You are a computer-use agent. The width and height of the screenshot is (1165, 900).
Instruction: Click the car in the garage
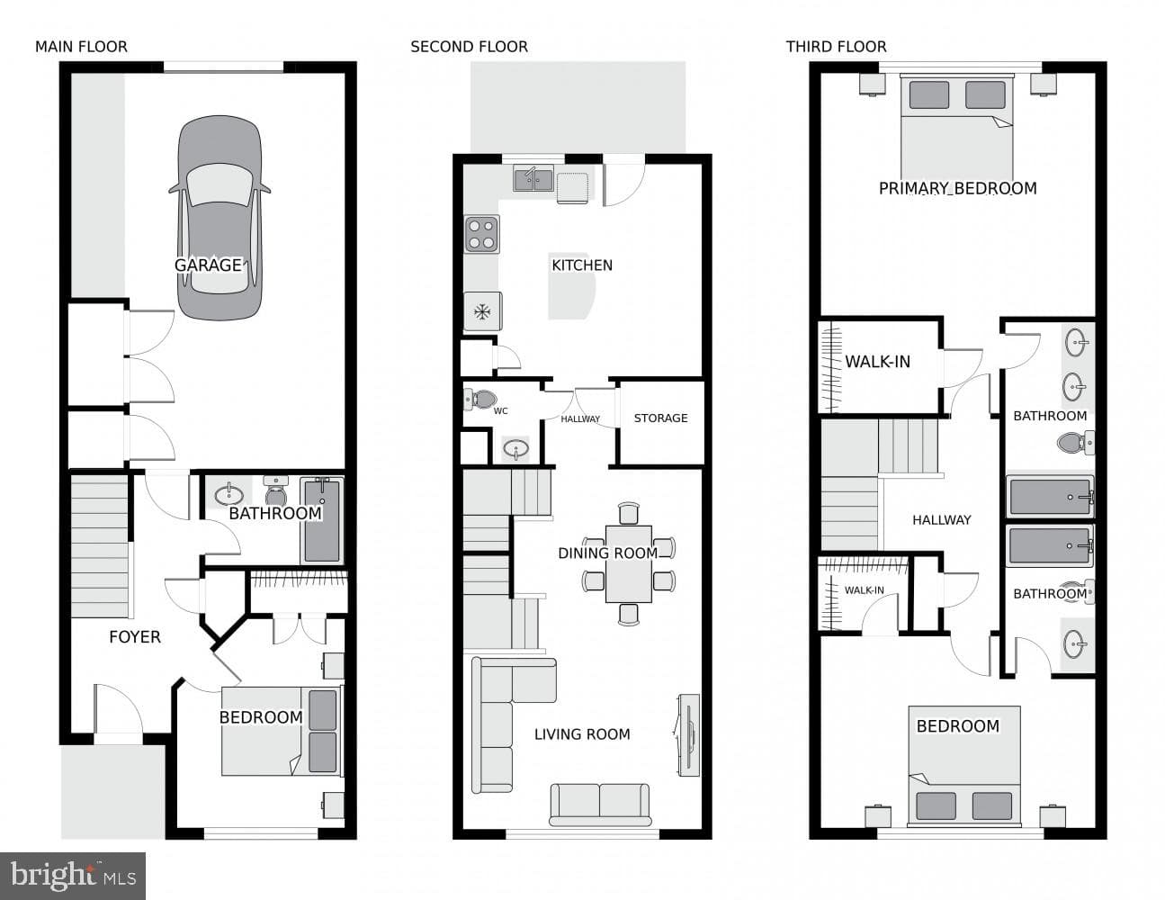tap(220, 218)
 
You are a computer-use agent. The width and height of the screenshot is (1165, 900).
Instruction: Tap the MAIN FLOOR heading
tap(82, 47)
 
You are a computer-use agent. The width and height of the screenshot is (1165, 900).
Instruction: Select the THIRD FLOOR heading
tap(837, 47)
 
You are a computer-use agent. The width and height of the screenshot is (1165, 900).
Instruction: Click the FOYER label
tap(135, 636)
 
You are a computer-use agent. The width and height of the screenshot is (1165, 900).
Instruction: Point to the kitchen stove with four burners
tap(481, 234)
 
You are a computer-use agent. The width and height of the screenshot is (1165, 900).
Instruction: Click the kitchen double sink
tap(533, 178)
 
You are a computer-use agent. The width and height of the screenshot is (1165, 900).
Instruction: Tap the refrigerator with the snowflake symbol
tap(482, 311)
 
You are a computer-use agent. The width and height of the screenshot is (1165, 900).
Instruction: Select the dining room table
tap(628, 564)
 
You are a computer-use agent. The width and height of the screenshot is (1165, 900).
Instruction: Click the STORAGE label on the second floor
tap(660, 418)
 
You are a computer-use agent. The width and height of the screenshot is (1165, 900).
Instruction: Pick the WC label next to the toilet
tap(501, 411)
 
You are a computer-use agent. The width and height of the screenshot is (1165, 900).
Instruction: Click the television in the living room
tap(688, 734)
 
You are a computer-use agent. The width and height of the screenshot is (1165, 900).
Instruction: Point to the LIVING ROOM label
tap(582, 734)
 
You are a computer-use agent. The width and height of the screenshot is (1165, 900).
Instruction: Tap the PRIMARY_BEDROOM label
tap(957, 188)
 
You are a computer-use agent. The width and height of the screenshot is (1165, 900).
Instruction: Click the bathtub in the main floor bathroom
tap(322, 520)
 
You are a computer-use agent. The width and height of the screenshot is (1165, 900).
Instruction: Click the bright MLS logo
tap(73, 876)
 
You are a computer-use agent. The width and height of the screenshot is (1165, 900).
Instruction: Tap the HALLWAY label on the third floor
tap(941, 519)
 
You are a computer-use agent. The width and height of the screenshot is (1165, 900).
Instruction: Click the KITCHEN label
tap(582, 265)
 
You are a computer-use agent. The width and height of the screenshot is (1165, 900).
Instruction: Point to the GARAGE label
tap(208, 265)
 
